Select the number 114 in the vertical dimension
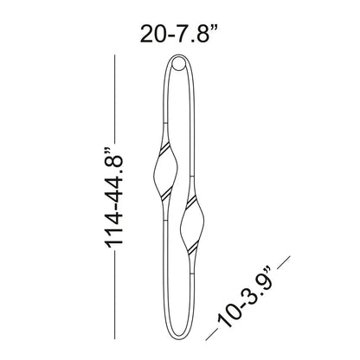pos(115,228)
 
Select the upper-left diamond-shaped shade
pos(164,172)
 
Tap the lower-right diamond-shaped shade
pos(192,222)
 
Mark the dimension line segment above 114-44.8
pos(115,99)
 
